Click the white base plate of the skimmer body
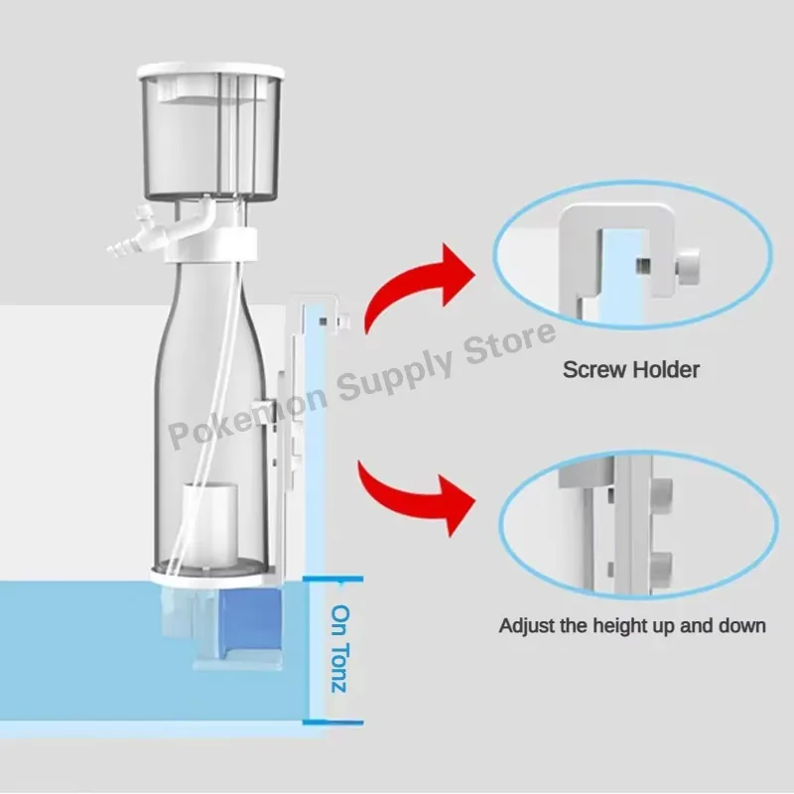point(209,574)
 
